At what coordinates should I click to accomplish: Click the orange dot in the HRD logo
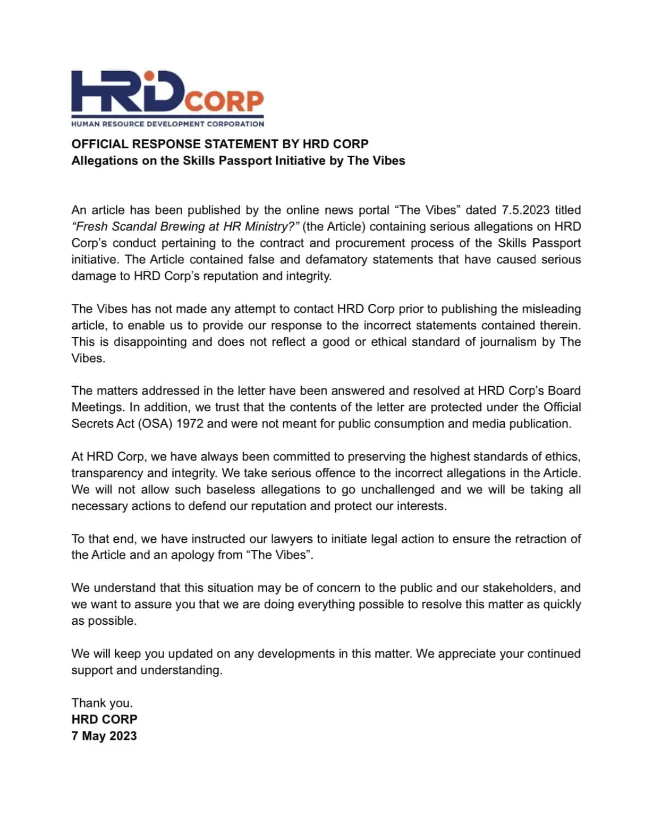point(149,76)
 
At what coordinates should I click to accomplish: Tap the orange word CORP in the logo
point(224,101)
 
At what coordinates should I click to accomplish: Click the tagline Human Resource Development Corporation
point(167,124)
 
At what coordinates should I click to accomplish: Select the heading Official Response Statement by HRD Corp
point(220,144)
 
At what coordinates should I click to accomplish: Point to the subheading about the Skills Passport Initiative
point(238,160)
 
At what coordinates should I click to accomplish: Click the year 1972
point(189,423)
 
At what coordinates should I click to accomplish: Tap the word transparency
point(107,473)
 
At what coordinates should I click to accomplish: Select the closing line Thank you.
point(102,703)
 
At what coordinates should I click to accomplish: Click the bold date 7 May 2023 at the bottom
point(104,736)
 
